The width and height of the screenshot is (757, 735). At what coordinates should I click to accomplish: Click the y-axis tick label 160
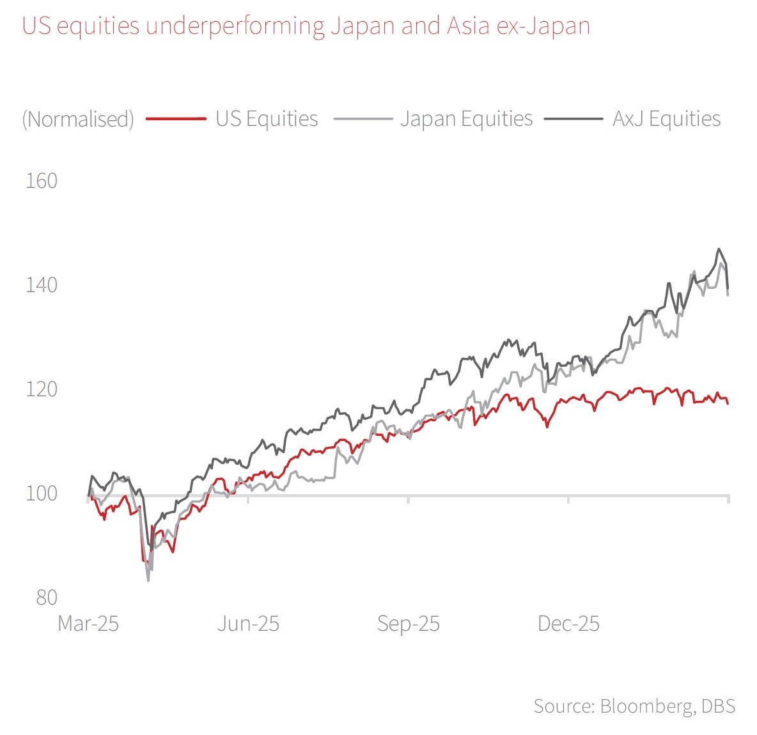[42, 181]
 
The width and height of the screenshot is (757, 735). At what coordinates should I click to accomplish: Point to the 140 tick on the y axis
[42, 285]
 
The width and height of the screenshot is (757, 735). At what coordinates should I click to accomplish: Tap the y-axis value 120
[42, 389]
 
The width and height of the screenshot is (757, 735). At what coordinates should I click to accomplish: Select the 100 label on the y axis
[42, 493]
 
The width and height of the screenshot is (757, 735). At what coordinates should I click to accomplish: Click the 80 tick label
[47, 598]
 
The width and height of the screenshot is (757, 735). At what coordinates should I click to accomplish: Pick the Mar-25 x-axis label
[88, 624]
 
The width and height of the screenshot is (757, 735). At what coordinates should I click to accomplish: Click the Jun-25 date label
[248, 624]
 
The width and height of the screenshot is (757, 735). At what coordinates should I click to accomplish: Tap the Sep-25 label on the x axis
[409, 624]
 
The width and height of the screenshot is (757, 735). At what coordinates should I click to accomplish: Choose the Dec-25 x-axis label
[569, 624]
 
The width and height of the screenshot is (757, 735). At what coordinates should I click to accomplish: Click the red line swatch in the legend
[176, 119]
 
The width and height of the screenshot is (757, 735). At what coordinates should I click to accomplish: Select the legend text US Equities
[267, 119]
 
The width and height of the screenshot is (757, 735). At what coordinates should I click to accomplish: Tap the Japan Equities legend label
[466, 119]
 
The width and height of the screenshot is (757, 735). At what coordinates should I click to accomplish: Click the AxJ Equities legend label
[666, 119]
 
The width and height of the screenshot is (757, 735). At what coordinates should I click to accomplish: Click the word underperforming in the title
[235, 26]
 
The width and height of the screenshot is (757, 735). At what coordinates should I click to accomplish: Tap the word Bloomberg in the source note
[646, 706]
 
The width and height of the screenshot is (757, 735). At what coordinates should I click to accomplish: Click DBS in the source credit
[718, 706]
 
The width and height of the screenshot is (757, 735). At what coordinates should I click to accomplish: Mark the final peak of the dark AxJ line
[719, 249]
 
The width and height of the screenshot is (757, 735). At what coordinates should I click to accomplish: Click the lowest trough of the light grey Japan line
[148, 580]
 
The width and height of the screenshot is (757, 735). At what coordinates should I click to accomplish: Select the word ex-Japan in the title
[544, 26]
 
